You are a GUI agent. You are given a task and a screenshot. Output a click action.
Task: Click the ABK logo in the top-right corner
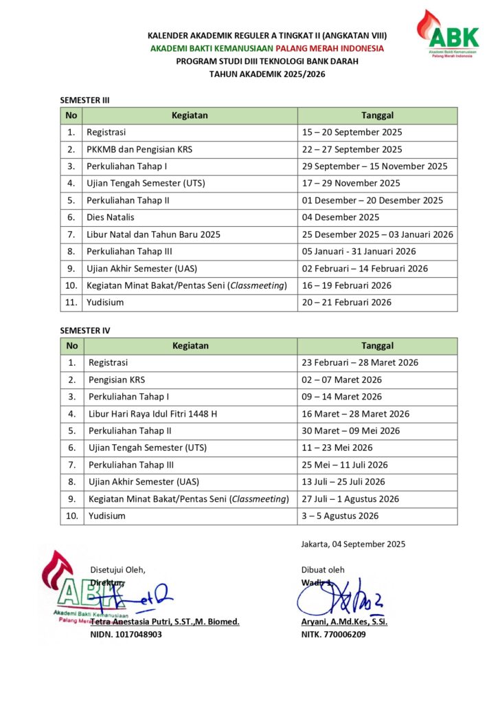click(x=449, y=35)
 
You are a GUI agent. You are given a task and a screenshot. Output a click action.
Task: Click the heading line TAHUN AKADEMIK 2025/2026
click(x=267, y=74)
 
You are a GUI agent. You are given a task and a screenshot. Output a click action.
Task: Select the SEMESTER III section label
click(x=85, y=100)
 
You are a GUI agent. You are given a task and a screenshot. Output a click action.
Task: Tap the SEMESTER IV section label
click(x=85, y=331)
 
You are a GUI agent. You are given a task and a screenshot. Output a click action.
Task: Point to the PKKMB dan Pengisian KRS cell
click(x=139, y=149)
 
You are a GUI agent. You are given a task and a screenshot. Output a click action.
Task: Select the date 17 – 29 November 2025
click(x=350, y=184)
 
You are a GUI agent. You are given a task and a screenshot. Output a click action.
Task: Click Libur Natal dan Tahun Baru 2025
click(x=153, y=234)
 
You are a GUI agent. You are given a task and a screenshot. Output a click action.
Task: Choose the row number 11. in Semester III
click(x=71, y=302)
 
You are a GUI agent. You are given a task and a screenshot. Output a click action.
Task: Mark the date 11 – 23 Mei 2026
click(x=337, y=448)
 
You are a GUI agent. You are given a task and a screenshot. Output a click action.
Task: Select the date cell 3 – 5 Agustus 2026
click(x=339, y=516)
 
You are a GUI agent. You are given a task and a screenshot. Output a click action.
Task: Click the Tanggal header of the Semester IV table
click(x=377, y=346)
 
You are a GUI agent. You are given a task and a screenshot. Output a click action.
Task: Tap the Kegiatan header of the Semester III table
click(x=190, y=115)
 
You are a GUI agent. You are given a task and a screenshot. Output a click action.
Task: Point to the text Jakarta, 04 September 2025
click(x=353, y=544)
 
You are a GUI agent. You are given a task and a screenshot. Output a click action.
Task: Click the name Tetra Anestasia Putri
click(x=165, y=621)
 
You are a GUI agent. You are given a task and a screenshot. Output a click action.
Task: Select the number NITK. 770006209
click(x=333, y=635)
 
